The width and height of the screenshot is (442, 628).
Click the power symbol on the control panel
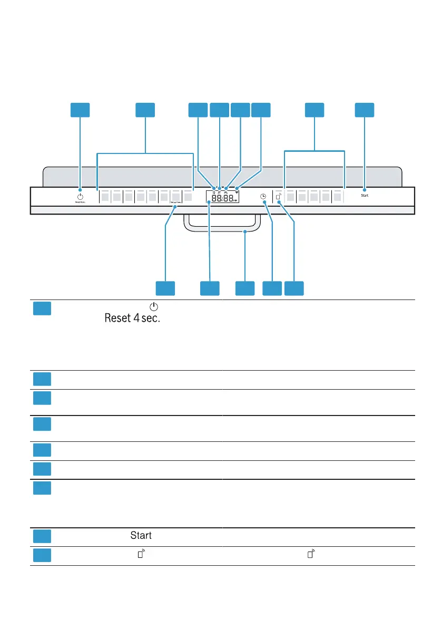click(80, 195)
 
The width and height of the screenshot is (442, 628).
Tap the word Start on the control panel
click(365, 195)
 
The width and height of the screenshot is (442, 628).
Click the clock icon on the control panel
click(263, 197)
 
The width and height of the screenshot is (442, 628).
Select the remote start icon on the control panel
click(278, 197)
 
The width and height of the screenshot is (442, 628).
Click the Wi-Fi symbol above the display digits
click(237, 188)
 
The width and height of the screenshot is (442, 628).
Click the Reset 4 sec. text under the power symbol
click(80, 202)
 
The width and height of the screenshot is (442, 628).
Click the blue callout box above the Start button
click(364, 110)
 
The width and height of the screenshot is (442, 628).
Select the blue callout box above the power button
click(80, 110)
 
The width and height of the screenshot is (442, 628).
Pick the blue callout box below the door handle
click(244, 288)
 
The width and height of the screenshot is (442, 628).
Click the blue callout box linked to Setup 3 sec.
click(165, 288)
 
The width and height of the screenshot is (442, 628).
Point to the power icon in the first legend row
click(153, 306)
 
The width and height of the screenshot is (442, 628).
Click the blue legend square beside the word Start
click(42, 536)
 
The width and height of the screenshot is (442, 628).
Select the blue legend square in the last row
click(42, 555)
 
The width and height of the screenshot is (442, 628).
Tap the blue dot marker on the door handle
click(245, 231)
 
